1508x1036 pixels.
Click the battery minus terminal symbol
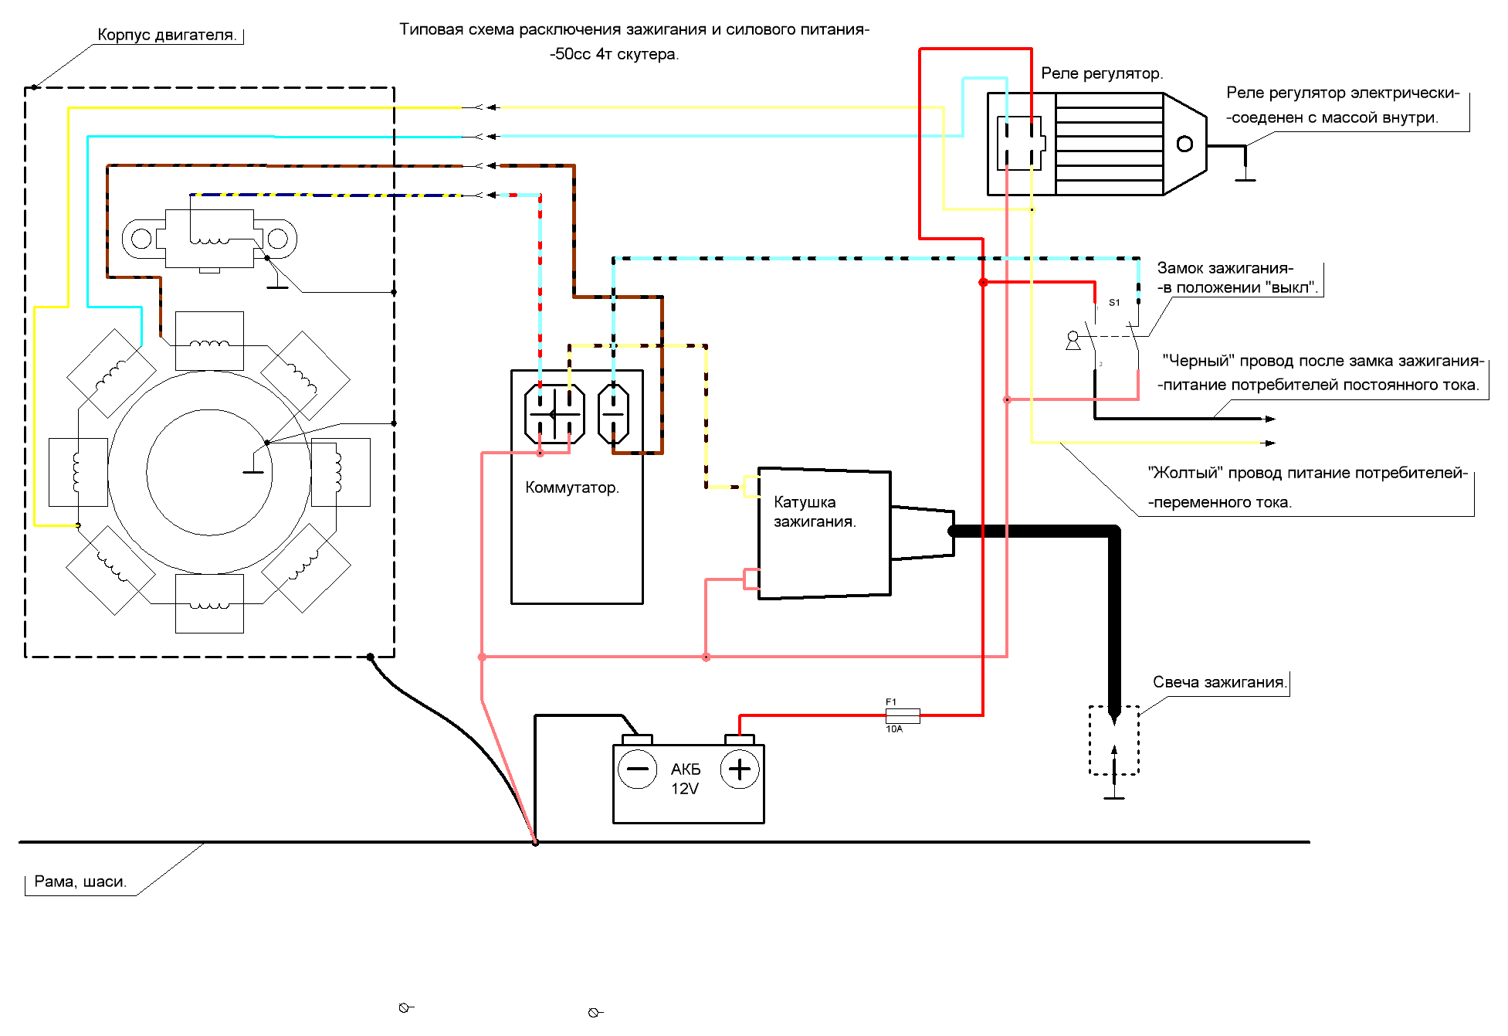tap(638, 769)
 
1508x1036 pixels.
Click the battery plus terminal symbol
tap(740, 769)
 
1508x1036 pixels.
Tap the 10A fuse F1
tap(902, 715)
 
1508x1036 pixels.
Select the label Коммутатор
tap(572, 487)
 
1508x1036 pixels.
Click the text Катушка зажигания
tap(815, 511)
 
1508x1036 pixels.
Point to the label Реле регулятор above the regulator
tap(1102, 73)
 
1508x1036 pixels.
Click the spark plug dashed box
tap(1114, 740)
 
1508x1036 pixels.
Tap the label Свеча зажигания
tap(1220, 682)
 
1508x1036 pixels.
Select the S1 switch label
tap(1114, 303)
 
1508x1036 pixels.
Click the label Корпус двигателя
tap(167, 35)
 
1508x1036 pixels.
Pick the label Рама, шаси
tap(80, 881)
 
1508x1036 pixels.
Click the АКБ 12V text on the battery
tap(685, 779)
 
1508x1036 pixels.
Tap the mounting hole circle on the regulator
tap(1184, 144)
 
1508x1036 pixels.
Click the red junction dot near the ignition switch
tap(983, 283)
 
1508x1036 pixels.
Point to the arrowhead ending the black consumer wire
tap(1269, 419)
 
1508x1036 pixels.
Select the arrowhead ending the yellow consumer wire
tap(1269, 443)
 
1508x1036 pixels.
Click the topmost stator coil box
tap(209, 341)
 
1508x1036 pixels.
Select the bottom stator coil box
tap(209, 603)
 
